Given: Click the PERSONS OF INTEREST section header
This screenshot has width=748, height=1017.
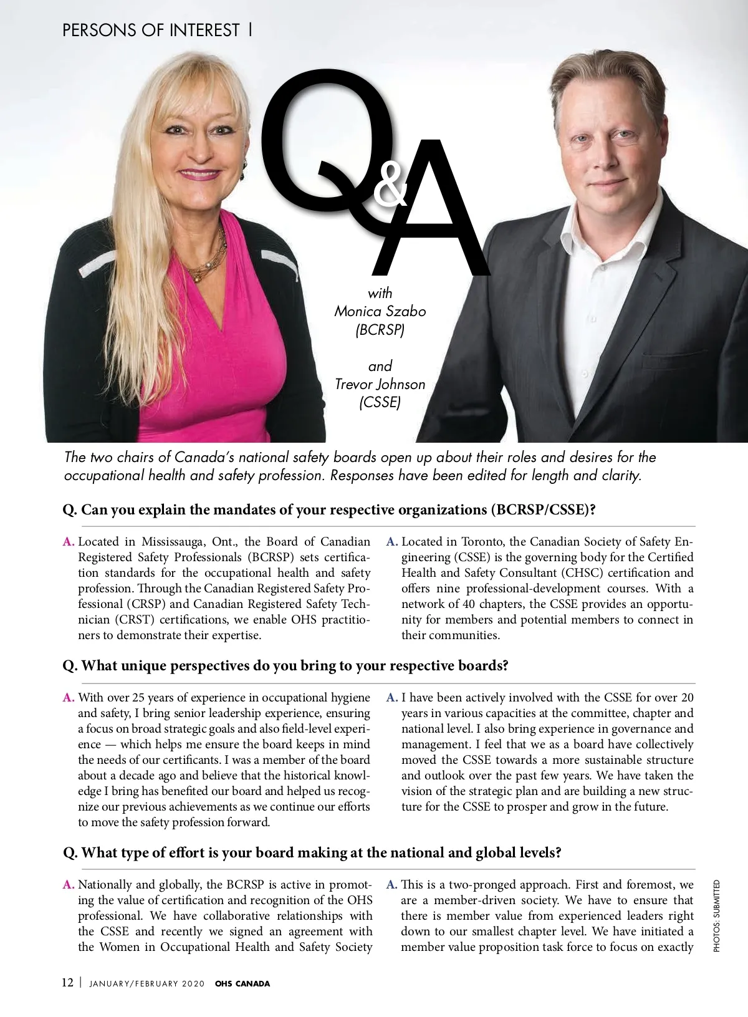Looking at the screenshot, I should pos(151,30).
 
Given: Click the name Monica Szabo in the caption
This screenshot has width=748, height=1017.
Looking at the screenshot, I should pos(380,311).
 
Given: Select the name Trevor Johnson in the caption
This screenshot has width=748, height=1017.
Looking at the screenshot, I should pos(380,384).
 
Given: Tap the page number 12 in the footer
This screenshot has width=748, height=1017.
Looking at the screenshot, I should pos(67,983).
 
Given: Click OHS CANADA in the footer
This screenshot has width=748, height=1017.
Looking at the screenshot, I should pos(242,983).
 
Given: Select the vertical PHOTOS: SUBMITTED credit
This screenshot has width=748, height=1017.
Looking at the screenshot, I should pos(717,915).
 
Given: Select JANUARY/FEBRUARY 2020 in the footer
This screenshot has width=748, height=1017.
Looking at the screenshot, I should pos(147,984).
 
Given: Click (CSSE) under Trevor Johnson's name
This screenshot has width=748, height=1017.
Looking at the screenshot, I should pos(380,402).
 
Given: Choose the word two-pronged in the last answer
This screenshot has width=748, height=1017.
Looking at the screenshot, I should pos(479,884).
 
